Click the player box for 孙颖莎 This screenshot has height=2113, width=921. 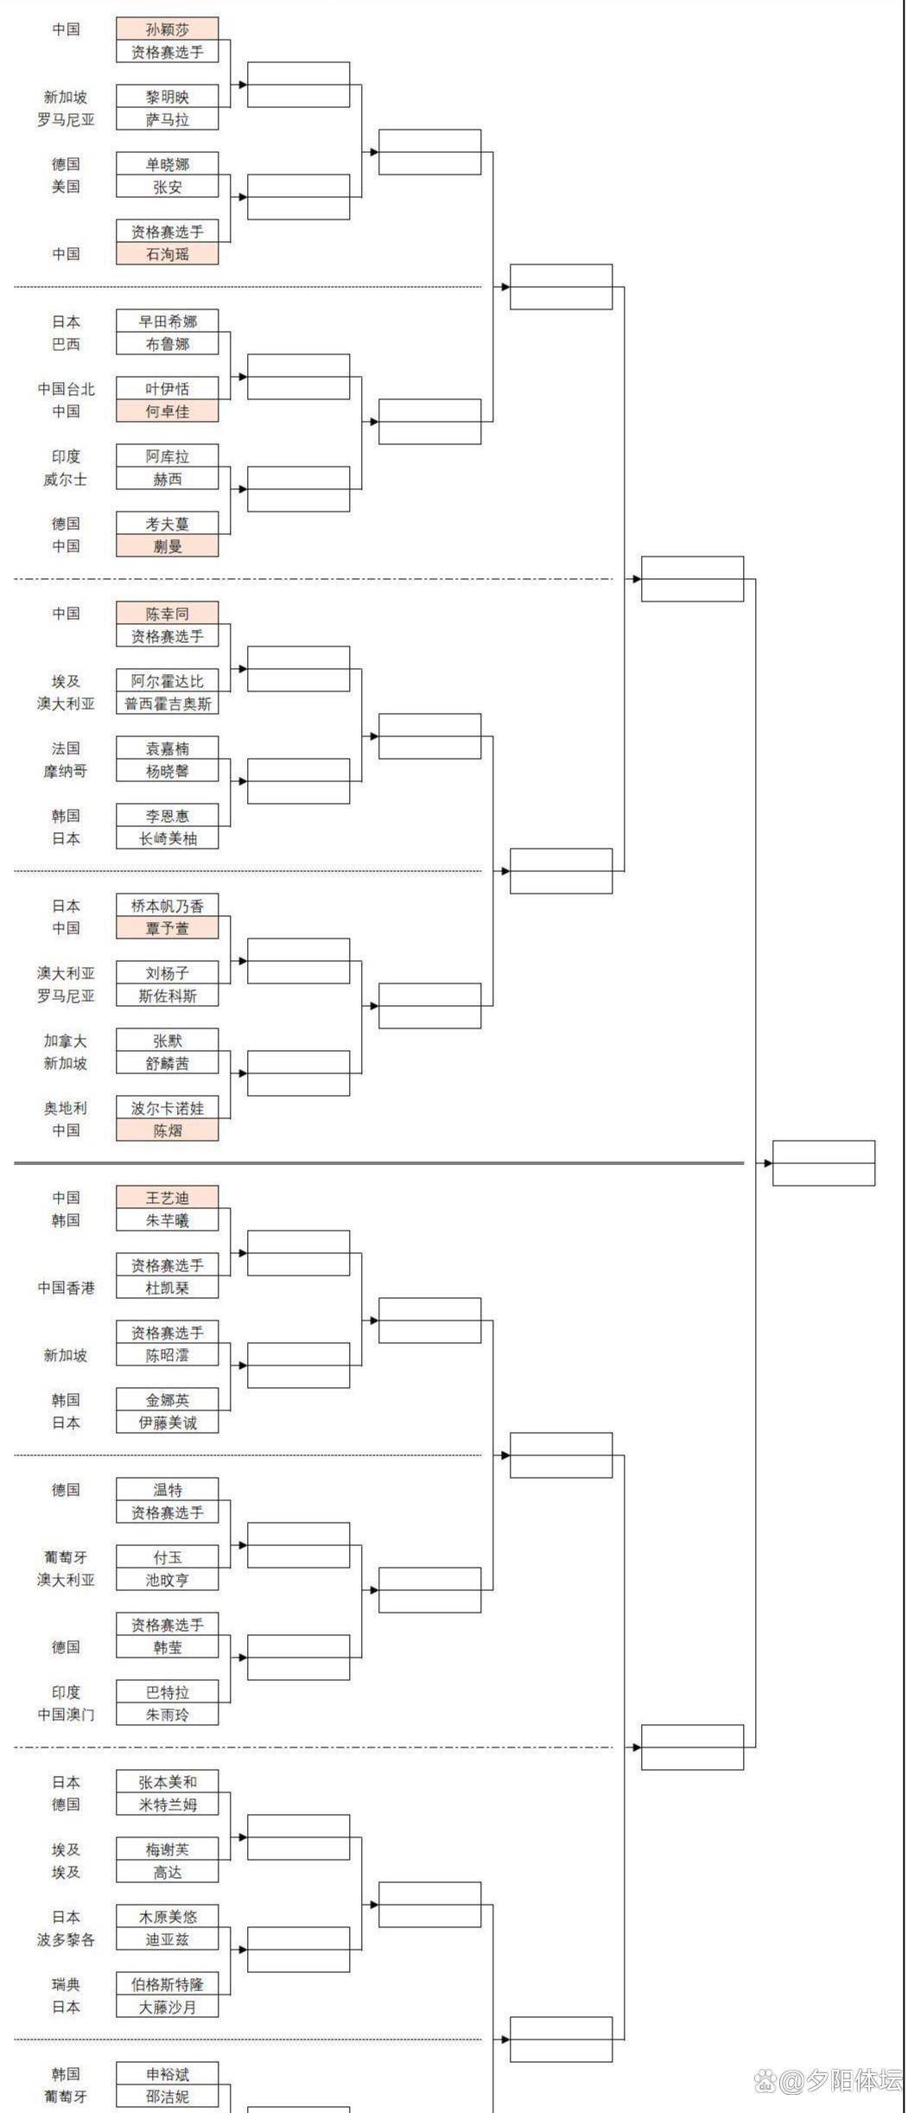point(167,29)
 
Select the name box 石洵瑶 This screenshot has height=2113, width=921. point(167,254)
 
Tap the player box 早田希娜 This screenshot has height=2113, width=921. point(167,321)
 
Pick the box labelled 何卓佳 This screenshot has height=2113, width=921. point(167,411)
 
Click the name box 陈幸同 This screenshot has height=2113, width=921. point(167,614)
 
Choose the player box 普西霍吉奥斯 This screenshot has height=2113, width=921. point(167,703)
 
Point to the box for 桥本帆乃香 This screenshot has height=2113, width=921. point(167,906)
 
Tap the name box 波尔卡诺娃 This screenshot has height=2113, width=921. point(167,1108)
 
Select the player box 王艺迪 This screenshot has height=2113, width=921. point(167,1198)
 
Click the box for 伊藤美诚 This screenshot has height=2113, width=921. point(167,1422)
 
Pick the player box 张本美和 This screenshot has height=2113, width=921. point(167,1782)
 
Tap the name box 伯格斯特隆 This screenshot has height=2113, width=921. point(167,1984)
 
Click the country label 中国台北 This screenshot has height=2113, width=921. point(66,389)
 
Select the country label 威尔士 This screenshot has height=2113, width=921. point(66,479)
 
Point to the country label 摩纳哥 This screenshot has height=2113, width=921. point(66,771)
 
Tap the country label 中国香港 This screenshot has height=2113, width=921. point(66,1288)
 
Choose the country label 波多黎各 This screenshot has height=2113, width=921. point(66,1939)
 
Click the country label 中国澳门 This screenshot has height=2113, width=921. point(66,1715)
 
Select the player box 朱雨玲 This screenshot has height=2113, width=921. point(167,1715)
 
